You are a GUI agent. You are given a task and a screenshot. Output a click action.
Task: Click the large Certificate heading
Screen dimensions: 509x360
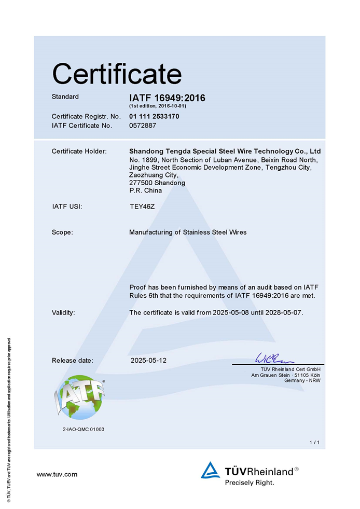117,74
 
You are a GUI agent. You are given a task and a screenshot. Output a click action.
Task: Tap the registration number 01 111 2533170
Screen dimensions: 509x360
154,116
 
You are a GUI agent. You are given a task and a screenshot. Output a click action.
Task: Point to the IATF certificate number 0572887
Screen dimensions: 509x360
142,125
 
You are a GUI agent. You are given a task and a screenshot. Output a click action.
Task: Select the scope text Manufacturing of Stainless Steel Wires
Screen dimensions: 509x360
188,232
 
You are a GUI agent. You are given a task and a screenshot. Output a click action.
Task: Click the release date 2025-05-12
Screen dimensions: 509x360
149,360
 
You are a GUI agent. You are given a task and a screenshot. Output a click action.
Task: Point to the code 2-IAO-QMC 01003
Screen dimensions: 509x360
83,429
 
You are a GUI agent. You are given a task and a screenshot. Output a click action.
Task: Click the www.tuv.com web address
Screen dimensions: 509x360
57,474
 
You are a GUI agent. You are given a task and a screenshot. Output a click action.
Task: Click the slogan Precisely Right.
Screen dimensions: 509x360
249,482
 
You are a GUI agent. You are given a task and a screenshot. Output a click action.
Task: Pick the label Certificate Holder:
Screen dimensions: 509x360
79,151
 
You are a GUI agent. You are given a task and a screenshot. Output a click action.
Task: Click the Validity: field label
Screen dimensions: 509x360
63,312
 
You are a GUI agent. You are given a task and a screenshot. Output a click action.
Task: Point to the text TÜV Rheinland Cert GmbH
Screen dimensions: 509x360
293,369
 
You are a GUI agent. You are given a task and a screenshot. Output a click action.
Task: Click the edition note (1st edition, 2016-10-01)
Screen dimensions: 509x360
157,106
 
